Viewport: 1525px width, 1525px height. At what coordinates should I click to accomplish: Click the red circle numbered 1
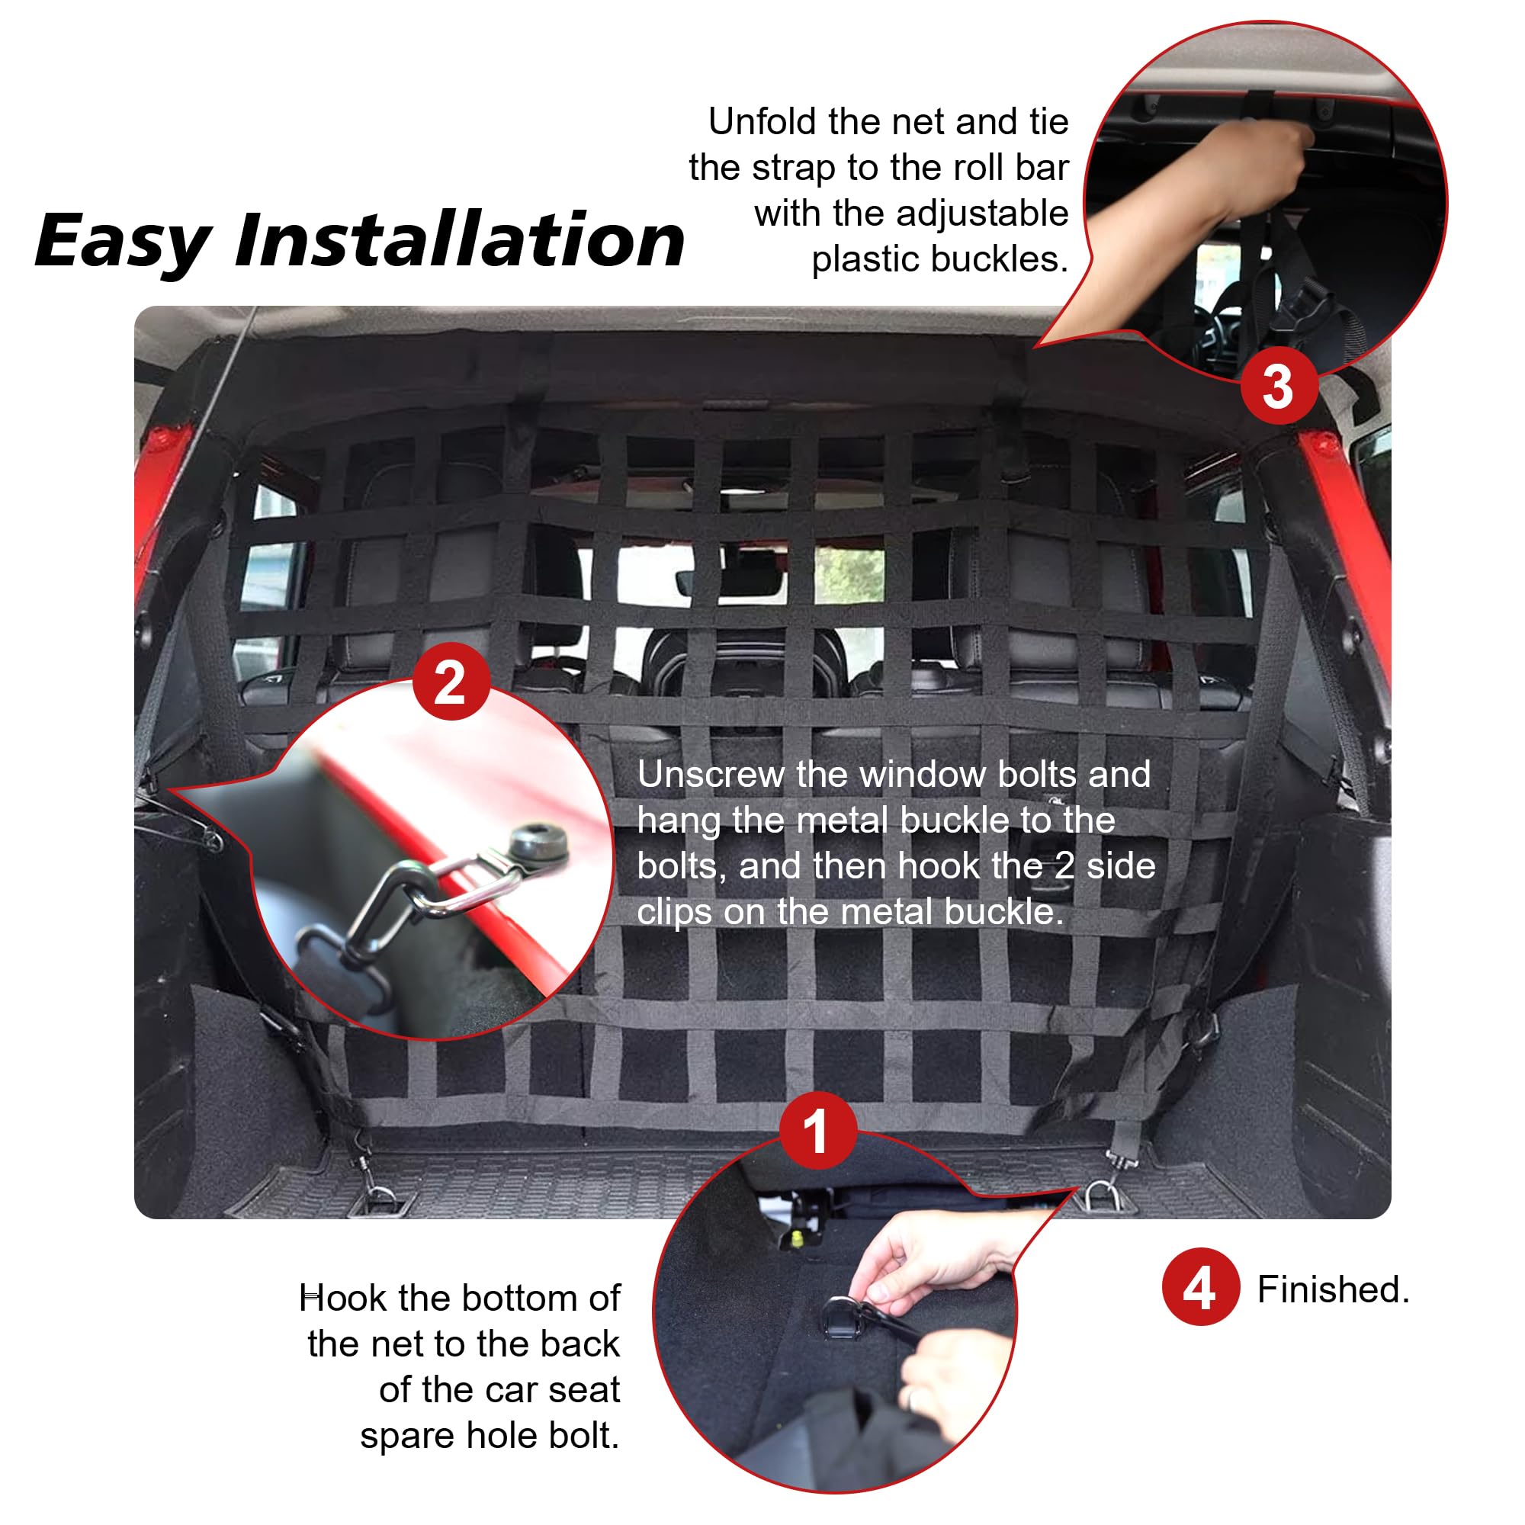click(x=817, y=1130)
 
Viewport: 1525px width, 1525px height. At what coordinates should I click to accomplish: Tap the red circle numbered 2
click(x=451, y=681)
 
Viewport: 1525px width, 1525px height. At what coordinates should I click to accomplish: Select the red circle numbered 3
click(x=1278, y=386)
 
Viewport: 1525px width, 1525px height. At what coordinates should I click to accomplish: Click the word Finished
click(x=1332, y=1290)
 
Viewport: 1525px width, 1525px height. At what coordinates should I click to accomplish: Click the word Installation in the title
click(x=461, y=240)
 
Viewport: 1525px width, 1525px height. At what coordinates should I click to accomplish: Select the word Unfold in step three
click(x=762, y=121)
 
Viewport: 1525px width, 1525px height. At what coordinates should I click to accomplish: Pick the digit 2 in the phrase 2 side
click(x=1064, y=866)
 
